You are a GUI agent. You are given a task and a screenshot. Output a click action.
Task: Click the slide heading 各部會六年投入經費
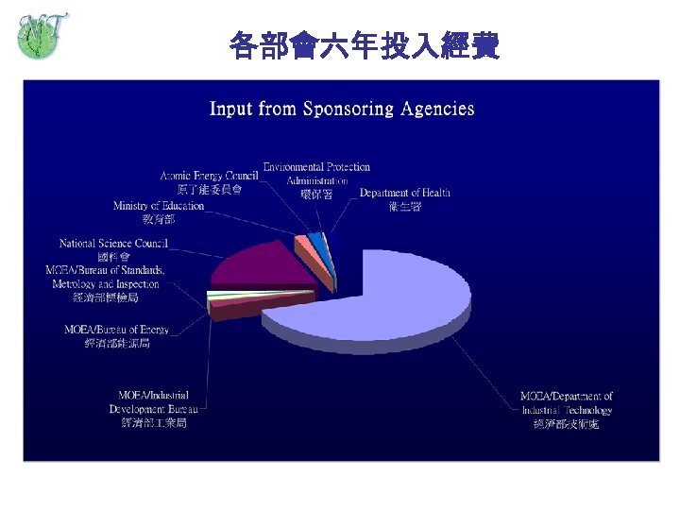coord(364,45)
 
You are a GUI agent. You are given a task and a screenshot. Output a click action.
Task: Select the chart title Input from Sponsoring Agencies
coord(342,109)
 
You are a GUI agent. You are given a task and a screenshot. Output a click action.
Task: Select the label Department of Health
coord(405,193)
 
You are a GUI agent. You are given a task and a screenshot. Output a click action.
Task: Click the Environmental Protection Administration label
coord(316,173)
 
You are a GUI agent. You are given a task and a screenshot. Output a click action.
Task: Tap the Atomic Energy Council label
coord(209,176)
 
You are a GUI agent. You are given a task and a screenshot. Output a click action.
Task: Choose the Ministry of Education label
coord(159,206)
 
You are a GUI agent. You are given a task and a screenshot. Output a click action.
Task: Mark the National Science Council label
coord(113,244)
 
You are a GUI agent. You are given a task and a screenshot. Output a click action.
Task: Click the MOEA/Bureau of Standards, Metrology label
coord(106,277)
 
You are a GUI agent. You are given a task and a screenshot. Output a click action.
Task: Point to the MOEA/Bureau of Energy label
coord(117,330)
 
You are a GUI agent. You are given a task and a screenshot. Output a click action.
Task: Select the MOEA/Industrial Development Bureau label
coord(154,402)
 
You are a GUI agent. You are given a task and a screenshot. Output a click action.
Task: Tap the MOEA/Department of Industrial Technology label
coord(567,403)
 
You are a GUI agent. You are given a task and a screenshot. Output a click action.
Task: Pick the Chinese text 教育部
coord(159,219)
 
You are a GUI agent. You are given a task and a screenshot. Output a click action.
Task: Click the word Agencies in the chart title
coord(437,109)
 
